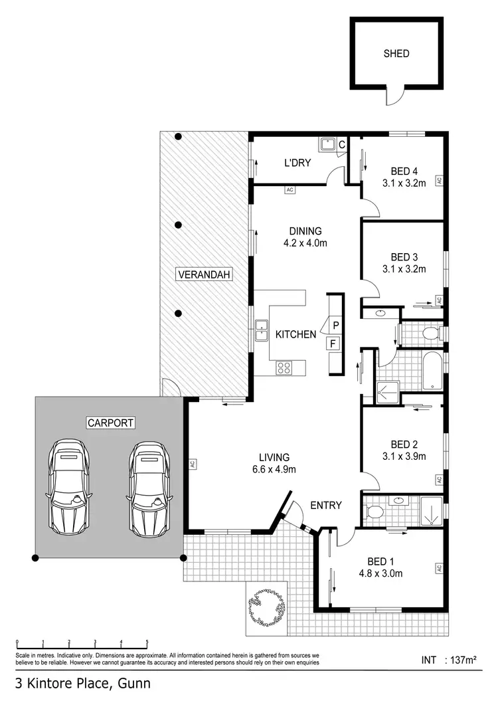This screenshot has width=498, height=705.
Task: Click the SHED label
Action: tap(396, 54)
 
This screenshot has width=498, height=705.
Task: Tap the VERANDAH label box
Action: tap(204, 274)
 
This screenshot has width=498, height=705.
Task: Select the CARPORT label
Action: tap(110, 423)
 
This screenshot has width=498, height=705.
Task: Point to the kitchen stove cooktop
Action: tap(284, 367)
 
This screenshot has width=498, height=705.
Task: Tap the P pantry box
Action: tap(336, 325)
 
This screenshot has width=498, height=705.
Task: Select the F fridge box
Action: tap(333, 344)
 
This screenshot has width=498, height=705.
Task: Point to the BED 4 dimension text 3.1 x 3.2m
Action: tap(404, 183)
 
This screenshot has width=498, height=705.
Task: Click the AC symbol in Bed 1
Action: tap(439, 568)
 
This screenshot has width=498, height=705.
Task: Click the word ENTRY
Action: tap(326, 506)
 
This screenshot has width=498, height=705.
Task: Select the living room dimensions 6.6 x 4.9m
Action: tap(274, 469)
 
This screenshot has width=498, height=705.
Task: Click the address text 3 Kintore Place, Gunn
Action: tap(83, 684)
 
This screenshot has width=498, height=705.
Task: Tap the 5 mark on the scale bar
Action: tap(147, 643)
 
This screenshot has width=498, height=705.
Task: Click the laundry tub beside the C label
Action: tap(327, 144)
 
